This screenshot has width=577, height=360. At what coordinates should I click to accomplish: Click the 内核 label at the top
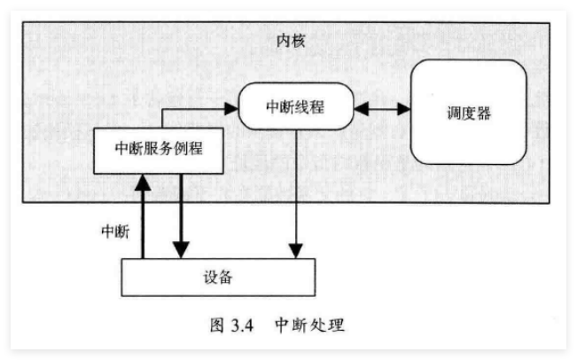coord(289,42)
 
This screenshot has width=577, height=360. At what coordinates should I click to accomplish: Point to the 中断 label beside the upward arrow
coord(114,232)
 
